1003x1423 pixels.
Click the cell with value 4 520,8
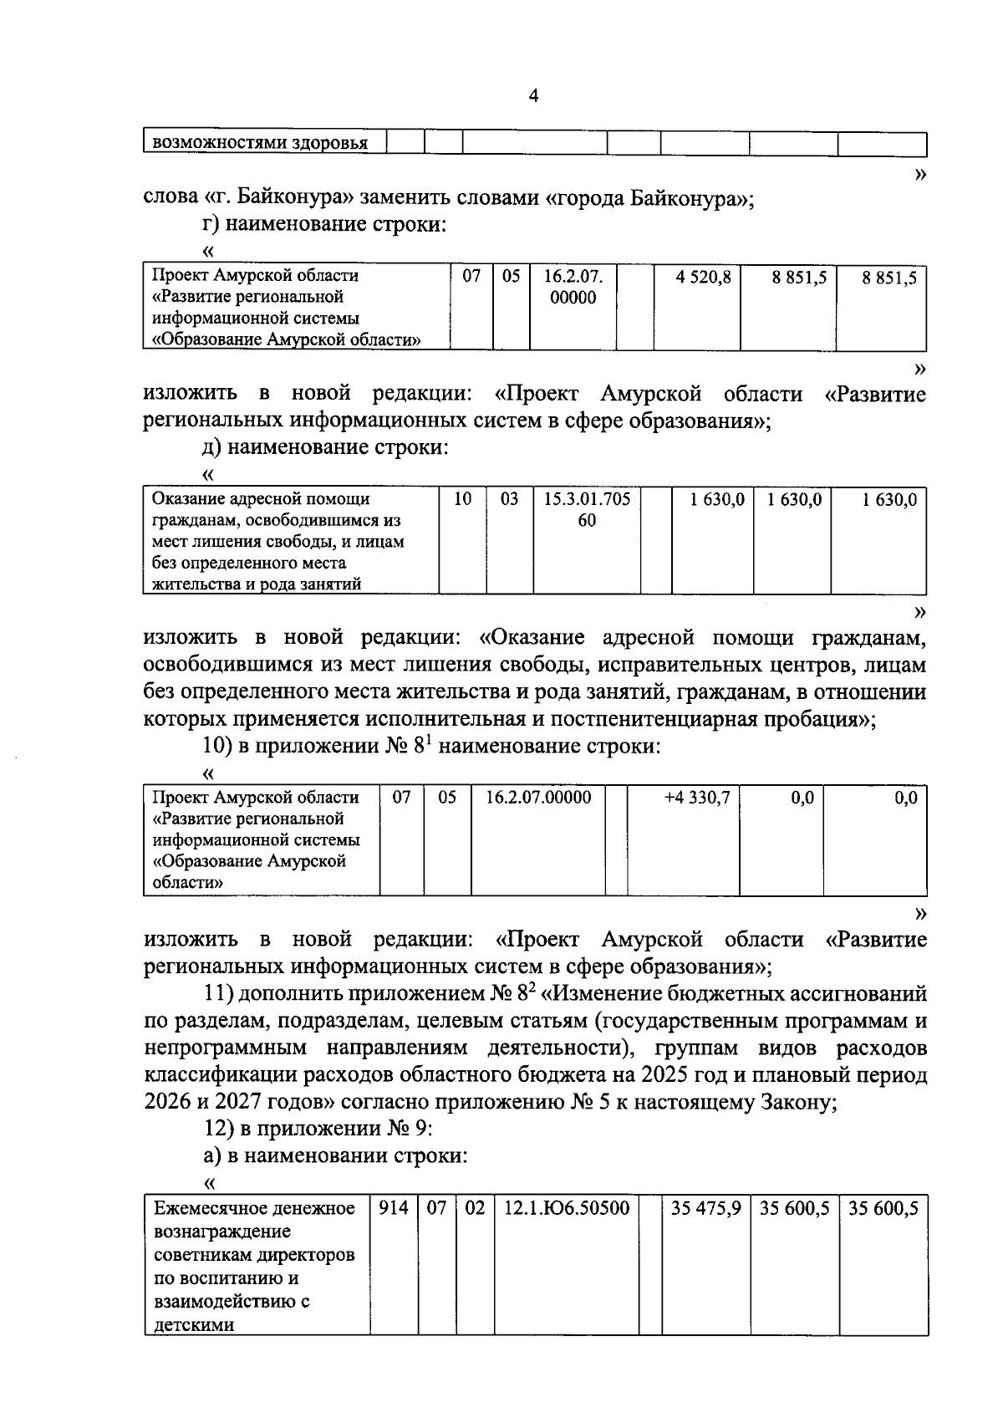point(703,277)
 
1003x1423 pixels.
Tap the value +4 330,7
point(696,798)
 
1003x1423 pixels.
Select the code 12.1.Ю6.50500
point(566,1208)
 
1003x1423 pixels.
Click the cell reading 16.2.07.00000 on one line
point(538,798)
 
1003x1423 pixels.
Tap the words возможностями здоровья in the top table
point(259,143)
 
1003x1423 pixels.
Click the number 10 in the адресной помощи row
point(462,499)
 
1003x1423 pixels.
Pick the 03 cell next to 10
point(509,499)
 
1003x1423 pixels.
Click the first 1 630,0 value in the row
point(716,499)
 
